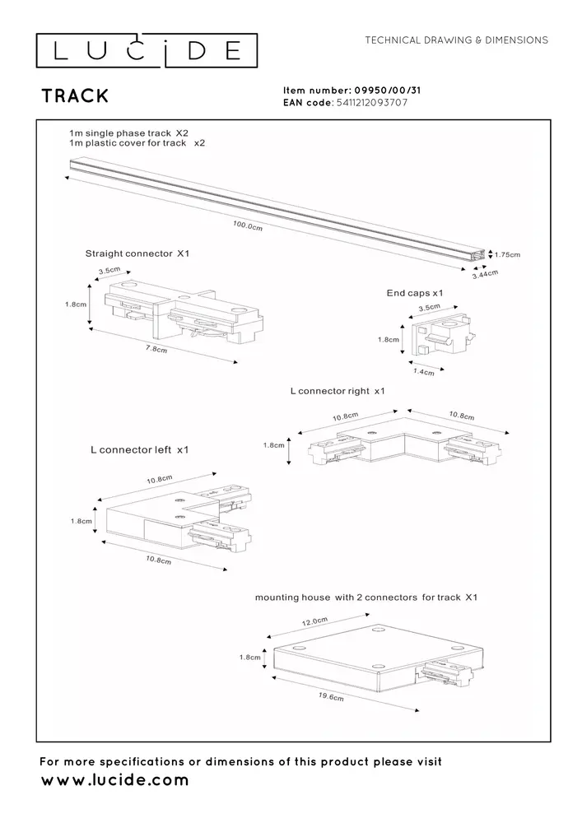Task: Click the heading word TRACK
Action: click(x=75, y=95)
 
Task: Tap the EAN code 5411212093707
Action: click(x=372, y=103)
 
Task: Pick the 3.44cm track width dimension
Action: click(x=486, y=275)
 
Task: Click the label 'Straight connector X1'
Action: click(x=137, y=254)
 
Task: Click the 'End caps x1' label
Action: click(x=415, y=293)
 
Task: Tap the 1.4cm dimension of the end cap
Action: click(x=424, y=371)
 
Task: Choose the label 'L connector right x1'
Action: click(x=338, y=392)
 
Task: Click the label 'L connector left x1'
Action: click(x=140, y=450)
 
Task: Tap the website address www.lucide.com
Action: click(x=114, y=779)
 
